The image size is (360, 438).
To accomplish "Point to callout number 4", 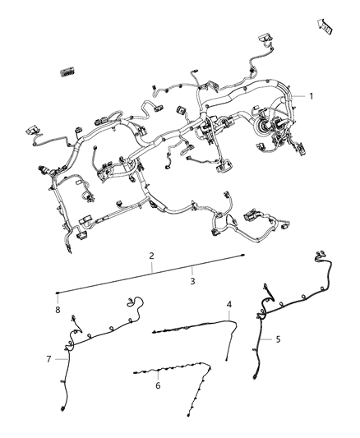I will tap(229, 304).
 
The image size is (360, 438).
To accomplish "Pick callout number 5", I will tap(278, 339).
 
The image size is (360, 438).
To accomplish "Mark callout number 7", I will tap(49, 359).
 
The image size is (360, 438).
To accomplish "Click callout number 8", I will tap(58, 310).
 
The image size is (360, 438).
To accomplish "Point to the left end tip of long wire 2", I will tap(57, 293).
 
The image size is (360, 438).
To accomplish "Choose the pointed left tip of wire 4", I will tap(153, 333).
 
